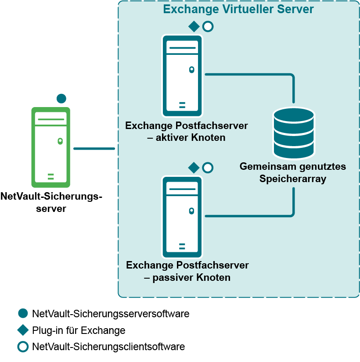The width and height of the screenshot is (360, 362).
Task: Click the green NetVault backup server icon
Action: pos(50,147)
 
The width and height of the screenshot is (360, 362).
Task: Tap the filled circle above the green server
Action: pos(61,99)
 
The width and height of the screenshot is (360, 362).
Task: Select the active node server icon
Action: pos(182,76)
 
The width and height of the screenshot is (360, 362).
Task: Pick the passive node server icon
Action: pos(182,217)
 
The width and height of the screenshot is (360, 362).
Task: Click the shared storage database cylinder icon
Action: pos(294,133)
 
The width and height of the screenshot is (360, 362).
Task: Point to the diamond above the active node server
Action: pos(194,26)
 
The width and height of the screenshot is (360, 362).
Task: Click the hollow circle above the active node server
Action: pos(208,26)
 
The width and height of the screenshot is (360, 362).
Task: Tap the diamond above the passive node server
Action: pos(194,167)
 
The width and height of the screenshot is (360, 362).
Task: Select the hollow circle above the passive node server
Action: pos(208,167)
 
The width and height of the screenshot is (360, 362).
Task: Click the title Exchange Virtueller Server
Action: pos(238,9)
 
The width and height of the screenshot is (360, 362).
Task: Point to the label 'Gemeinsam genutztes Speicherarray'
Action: pos(293,172)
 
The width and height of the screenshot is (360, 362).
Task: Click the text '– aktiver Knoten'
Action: pos(187,137)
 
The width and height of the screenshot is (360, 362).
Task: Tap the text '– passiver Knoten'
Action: pos(187,277)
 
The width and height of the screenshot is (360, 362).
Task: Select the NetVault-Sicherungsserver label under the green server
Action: pos(52,202)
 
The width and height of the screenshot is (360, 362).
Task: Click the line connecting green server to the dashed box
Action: pos(94,149)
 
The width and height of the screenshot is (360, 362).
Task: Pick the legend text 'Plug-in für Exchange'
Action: pos(79,330)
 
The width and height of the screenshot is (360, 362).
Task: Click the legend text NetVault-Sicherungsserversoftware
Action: pos(111,314)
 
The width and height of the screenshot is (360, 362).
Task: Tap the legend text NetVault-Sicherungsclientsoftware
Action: pos(108,347)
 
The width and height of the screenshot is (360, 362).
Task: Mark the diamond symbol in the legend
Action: pos(23,330)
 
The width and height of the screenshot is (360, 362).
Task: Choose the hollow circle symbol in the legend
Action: pos(23,347)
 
